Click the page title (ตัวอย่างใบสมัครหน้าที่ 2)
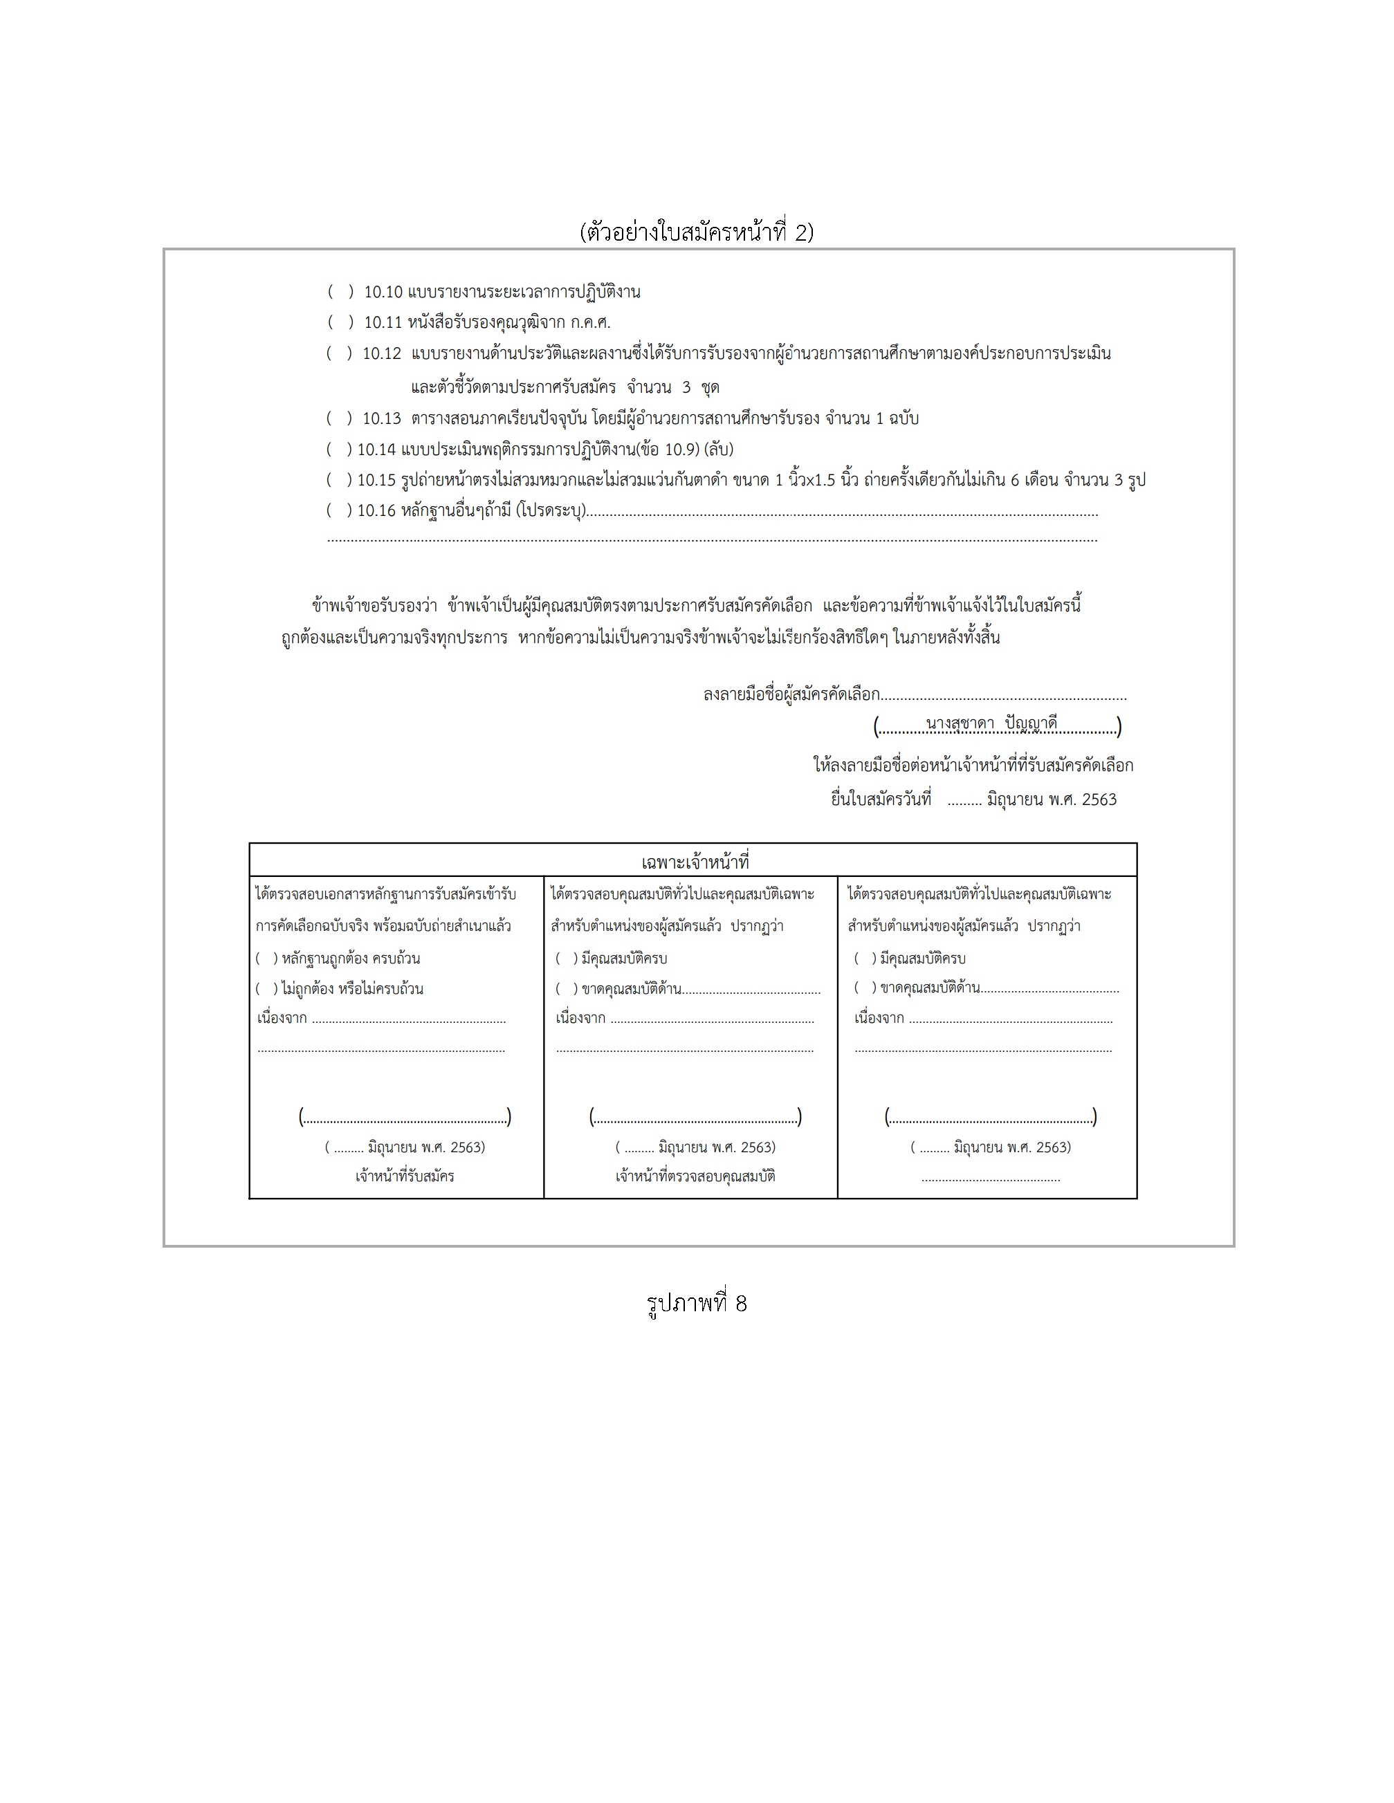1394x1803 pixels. pyautogui.click(x=696, y=232)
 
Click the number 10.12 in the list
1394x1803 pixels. pyautogui.click(x=381, y=353)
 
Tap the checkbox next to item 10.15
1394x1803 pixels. pyautogui.click(x=338, y=480)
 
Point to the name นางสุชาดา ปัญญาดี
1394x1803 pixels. pyautogui.click(x=991, y=723)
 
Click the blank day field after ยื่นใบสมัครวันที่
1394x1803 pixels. pyautogui.click(x=964, y=801)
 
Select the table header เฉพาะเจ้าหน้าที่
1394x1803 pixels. pyautogui.click(x=695, y=862)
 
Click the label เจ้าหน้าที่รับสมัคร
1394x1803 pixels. pyautogui.click(x=405, y=1176)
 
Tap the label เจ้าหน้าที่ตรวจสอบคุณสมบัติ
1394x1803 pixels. pyautogui.click(x=695, y=1176)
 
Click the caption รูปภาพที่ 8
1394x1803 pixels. pyautogui.click(x=696, y=1304)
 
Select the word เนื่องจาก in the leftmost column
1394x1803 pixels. pyautogui.click(x=282, y=1019)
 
